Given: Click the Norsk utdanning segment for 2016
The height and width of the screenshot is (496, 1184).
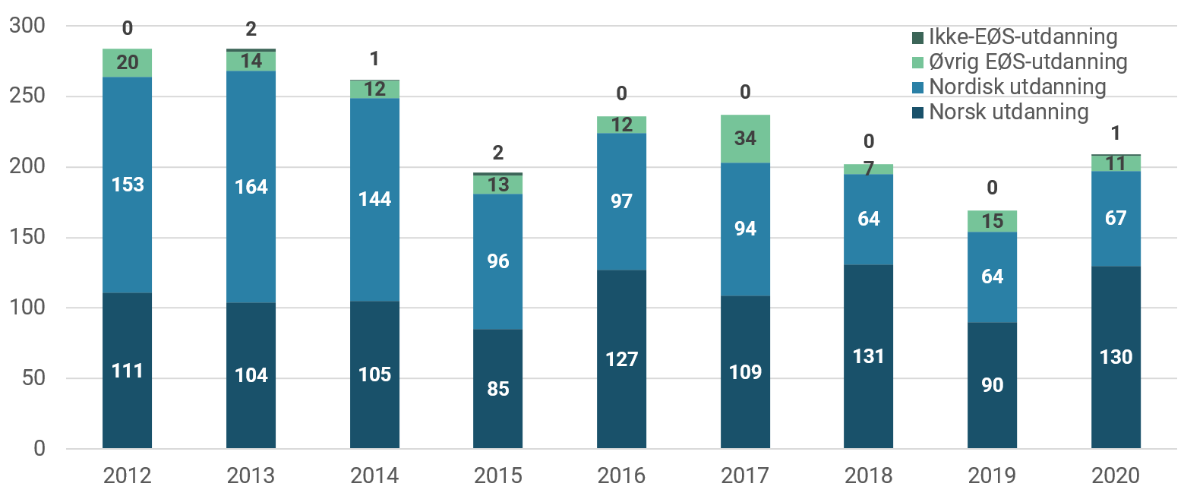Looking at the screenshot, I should click(x=621, y=359).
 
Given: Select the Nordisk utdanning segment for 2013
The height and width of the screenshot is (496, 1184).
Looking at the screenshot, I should click(x=251, y=187).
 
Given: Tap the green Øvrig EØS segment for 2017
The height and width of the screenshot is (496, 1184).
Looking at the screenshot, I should click(x=745, y=139).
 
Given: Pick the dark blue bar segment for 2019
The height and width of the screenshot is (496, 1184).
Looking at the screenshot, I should click(x=992, y=385).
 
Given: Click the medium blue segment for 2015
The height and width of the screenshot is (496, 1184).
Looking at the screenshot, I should click(x=497, y=261).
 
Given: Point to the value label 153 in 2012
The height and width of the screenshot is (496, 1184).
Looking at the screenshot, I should click(x=128, y=185).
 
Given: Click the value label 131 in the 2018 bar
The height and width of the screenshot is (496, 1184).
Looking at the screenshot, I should click(x=868, y=356).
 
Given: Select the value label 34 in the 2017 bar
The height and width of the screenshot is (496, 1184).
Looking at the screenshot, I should click(x=745, y=139).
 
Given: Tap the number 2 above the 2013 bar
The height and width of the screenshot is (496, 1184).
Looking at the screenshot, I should click(x=251, y=30).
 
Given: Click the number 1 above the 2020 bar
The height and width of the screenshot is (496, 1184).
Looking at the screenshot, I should click(x=1116, y=134).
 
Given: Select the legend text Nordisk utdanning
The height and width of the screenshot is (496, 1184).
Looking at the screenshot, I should click(x=1017, y=87).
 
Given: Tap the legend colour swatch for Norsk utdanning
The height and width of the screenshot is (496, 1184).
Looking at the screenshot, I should click(x=917, y=112).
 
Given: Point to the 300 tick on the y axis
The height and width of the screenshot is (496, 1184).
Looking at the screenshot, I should click(x=27, y=27).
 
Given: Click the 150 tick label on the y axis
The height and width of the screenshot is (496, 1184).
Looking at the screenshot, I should click(x=27, y=238).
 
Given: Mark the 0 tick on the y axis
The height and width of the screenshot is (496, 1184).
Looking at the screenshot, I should click(x=38, y=449).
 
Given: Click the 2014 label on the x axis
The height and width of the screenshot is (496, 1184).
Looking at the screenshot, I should click(x=374, y=475).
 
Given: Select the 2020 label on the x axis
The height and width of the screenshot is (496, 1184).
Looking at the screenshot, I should click(x=1116, y=475).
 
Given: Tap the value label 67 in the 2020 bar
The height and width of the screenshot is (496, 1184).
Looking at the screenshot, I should click(x=1116, y=218).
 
